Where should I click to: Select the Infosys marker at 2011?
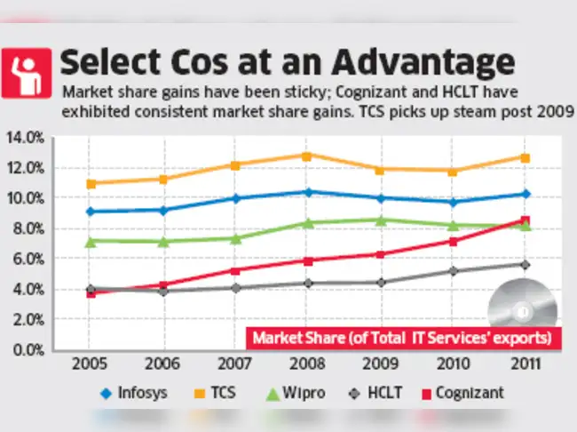tap(526, 194)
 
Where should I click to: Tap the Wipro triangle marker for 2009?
tap(380, 220)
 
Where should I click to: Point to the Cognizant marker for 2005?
tap(91, 292)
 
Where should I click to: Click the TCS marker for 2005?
tap(91, 184)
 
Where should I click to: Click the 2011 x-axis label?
tap(526, 364)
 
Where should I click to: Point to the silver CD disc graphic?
tap(522, 311)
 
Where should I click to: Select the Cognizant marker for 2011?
tap(526, 220)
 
